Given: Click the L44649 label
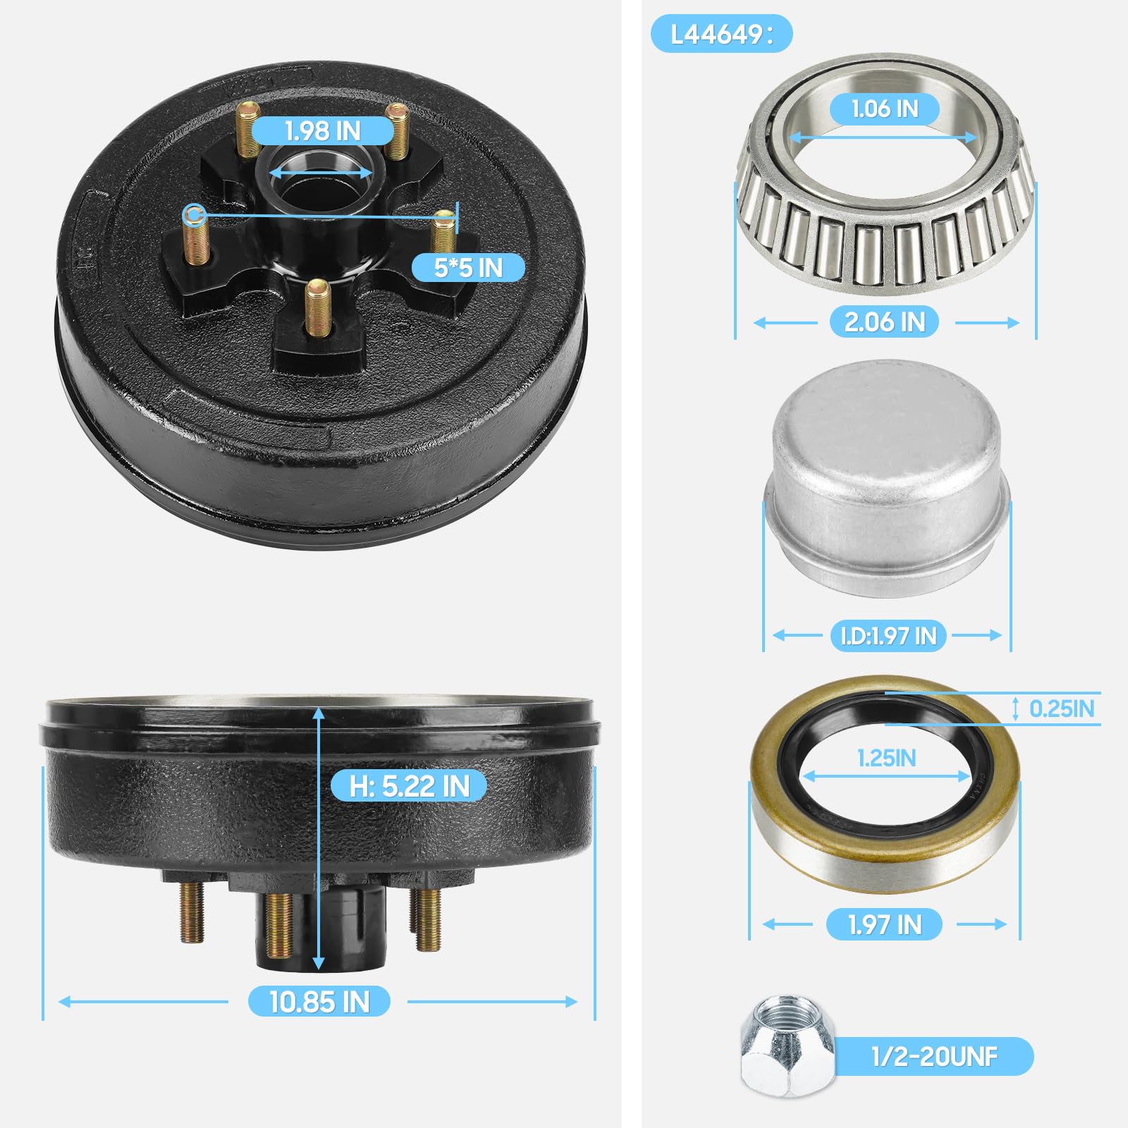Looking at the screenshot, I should click(721, 34).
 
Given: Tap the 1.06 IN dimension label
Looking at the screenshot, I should click(885, 109).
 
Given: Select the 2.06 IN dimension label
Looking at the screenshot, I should click(885, 322).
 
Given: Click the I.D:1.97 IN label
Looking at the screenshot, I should click(888, 636).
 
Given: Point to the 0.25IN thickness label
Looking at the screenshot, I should click(1062, 709).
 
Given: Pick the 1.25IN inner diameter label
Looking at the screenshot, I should click(886, 759).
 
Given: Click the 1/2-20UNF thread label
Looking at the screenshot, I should click(934, 1056).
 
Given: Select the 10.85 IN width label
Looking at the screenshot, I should click(319, 1002).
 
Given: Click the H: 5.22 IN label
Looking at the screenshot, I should click(409, 786).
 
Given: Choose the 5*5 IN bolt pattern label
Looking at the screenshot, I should click(468, 268).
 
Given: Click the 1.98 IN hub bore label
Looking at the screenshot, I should click(322, 131).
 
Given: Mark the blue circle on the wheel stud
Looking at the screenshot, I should click(194, 214).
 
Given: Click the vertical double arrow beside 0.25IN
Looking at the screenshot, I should click(1015, 709).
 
